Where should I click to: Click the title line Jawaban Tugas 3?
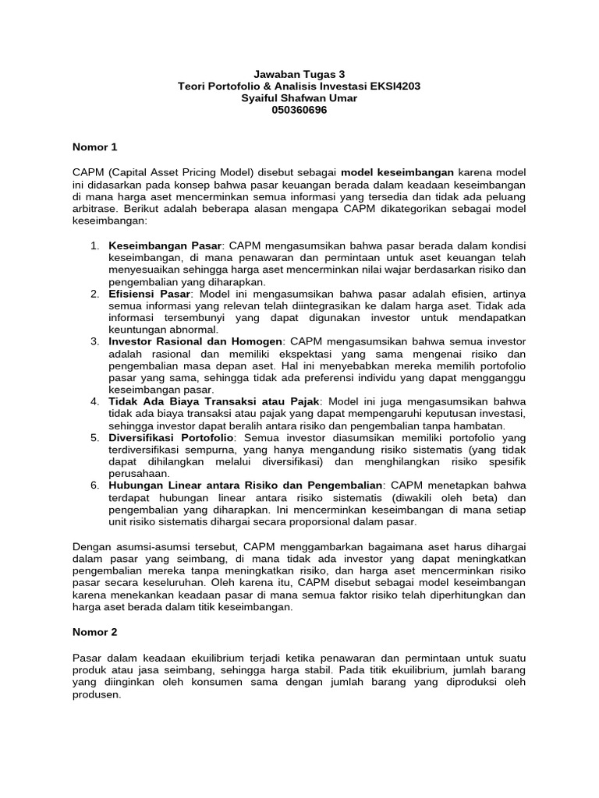[x=299, y=74]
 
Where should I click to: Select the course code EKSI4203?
[x=394, y=86]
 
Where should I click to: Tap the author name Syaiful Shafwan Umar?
[x=299, y=98]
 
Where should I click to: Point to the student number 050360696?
[x=299, y=110]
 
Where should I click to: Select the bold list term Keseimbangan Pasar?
[x=165, y=245]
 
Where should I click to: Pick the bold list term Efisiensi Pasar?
[x=149, y=293]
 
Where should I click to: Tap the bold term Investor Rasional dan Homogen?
[x=197, y=341]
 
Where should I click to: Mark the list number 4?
[x=94, y=401]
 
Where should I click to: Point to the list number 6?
[x=94, y=486]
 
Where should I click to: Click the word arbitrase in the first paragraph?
[x=94, y=209]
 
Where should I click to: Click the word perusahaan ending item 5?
[x=138, y=474]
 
